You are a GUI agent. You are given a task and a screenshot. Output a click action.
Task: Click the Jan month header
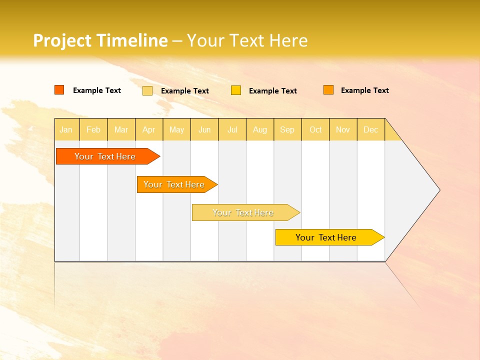tap(66, 129)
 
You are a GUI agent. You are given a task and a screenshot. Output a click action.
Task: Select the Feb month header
tap(93, 129)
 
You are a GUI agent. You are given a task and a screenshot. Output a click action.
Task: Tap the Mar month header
tap(121, 129)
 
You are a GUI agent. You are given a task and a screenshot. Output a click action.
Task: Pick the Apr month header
tap(149, 129)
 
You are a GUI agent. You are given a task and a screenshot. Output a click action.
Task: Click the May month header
tap(176, 129)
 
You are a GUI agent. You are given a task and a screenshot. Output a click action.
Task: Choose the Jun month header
tap(204, 129)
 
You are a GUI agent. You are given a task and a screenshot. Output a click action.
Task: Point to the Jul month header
tap(232, 129)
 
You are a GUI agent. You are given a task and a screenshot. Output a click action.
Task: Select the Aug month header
tap(260, 129)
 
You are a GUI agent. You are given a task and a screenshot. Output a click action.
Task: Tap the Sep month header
tap(287, 129)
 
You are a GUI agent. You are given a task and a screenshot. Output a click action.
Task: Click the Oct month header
tap(315, 129)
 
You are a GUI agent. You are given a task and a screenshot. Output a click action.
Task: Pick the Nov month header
tap(343, 129)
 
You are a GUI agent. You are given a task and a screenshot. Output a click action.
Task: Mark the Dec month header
tap(371, 129)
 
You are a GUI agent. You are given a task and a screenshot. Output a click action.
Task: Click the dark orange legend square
tap(59, 90)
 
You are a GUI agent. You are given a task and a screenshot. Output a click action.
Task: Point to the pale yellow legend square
tap(147, 90)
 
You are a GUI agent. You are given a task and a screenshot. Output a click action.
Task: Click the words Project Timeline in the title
tap(100, 40)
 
